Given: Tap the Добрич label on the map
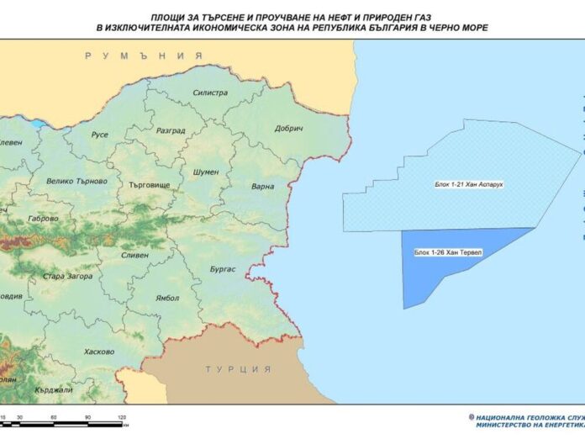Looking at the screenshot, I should (x=288, y=128).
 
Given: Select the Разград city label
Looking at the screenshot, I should (x=171, y=131).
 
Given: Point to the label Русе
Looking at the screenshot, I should (x=100, y=135).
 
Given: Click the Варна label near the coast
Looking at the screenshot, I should (x=262, y=186).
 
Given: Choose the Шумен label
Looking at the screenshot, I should (x=206, y=171).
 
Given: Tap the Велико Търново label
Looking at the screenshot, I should (x=76, y=181).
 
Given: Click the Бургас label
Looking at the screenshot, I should (x=222, y=269).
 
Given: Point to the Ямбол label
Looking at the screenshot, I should (x=167, y=297).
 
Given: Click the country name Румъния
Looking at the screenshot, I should (x=144, y=56).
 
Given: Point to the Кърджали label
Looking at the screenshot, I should (x=55, y=390).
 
